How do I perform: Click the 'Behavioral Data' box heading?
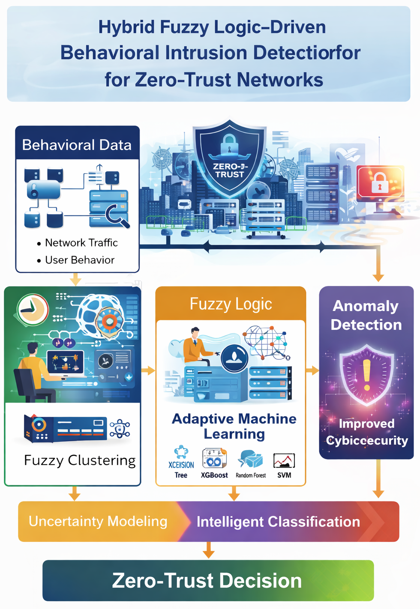[x=77, y=145]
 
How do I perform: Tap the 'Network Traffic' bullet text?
[x=81, y=243]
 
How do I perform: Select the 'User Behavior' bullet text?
[x=80, y=260]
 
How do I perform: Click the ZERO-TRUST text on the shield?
[x=230, y=170]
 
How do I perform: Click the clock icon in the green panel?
[x=33, y=310]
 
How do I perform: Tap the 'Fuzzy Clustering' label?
[x=80, y=460]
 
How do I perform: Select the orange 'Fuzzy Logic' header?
[x=231, y=304]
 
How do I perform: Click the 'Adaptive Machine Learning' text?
[x=234, y=426]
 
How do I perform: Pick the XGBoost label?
[x=214, y=475]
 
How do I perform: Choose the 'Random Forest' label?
[x=251, y=475]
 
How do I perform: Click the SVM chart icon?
[x=284, y=460]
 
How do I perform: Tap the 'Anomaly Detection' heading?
[x=366, y=315]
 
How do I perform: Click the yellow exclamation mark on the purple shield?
[x=367, y=375]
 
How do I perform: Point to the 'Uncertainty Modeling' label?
[x=98, y=522]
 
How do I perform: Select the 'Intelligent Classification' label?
[x=278, y=522]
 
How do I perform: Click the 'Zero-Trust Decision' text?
[x=207, y=581]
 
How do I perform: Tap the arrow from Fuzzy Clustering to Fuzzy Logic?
[x=148, y=370]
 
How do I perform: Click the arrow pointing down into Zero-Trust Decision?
[x=209, y=550]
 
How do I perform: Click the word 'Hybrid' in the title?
[x=126, y=27]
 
